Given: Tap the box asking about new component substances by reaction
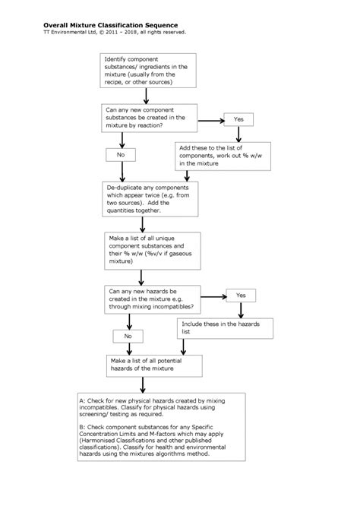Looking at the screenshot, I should click(150, 119).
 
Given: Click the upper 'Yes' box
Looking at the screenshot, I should click(238, 119).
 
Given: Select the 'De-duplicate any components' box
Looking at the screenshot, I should click(150, 198).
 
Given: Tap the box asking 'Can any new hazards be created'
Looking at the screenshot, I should click(150, 298).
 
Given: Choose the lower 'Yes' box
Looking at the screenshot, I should click(241, 295).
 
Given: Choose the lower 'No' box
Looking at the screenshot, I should click(127, 336).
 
